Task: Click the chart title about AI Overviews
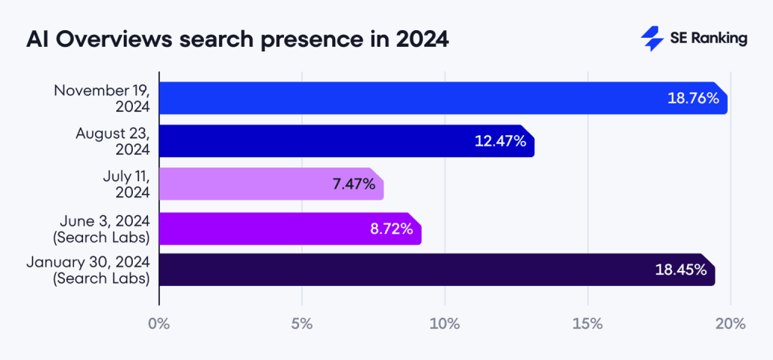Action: click(x=237, y=39)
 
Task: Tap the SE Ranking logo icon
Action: click(x=651, y=39)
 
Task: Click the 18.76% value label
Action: click(x=693, y=98)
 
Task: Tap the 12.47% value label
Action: click(x=500, y=141)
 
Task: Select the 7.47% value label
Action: click(x=354, y=184)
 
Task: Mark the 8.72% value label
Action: click(x=391, y=228)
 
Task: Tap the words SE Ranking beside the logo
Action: click(x=708, y=39)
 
